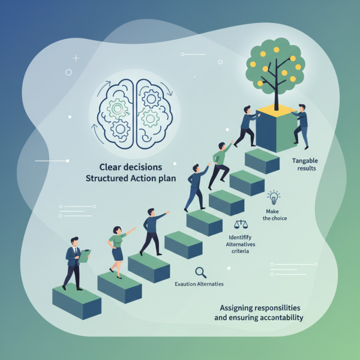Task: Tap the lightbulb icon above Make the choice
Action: tap(274, 197)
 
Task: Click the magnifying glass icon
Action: tap(201, 271)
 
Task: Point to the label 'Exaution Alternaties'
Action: tap(199, 284)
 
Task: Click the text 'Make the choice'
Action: tap(275, 214)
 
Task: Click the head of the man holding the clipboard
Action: tap(74, 241)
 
